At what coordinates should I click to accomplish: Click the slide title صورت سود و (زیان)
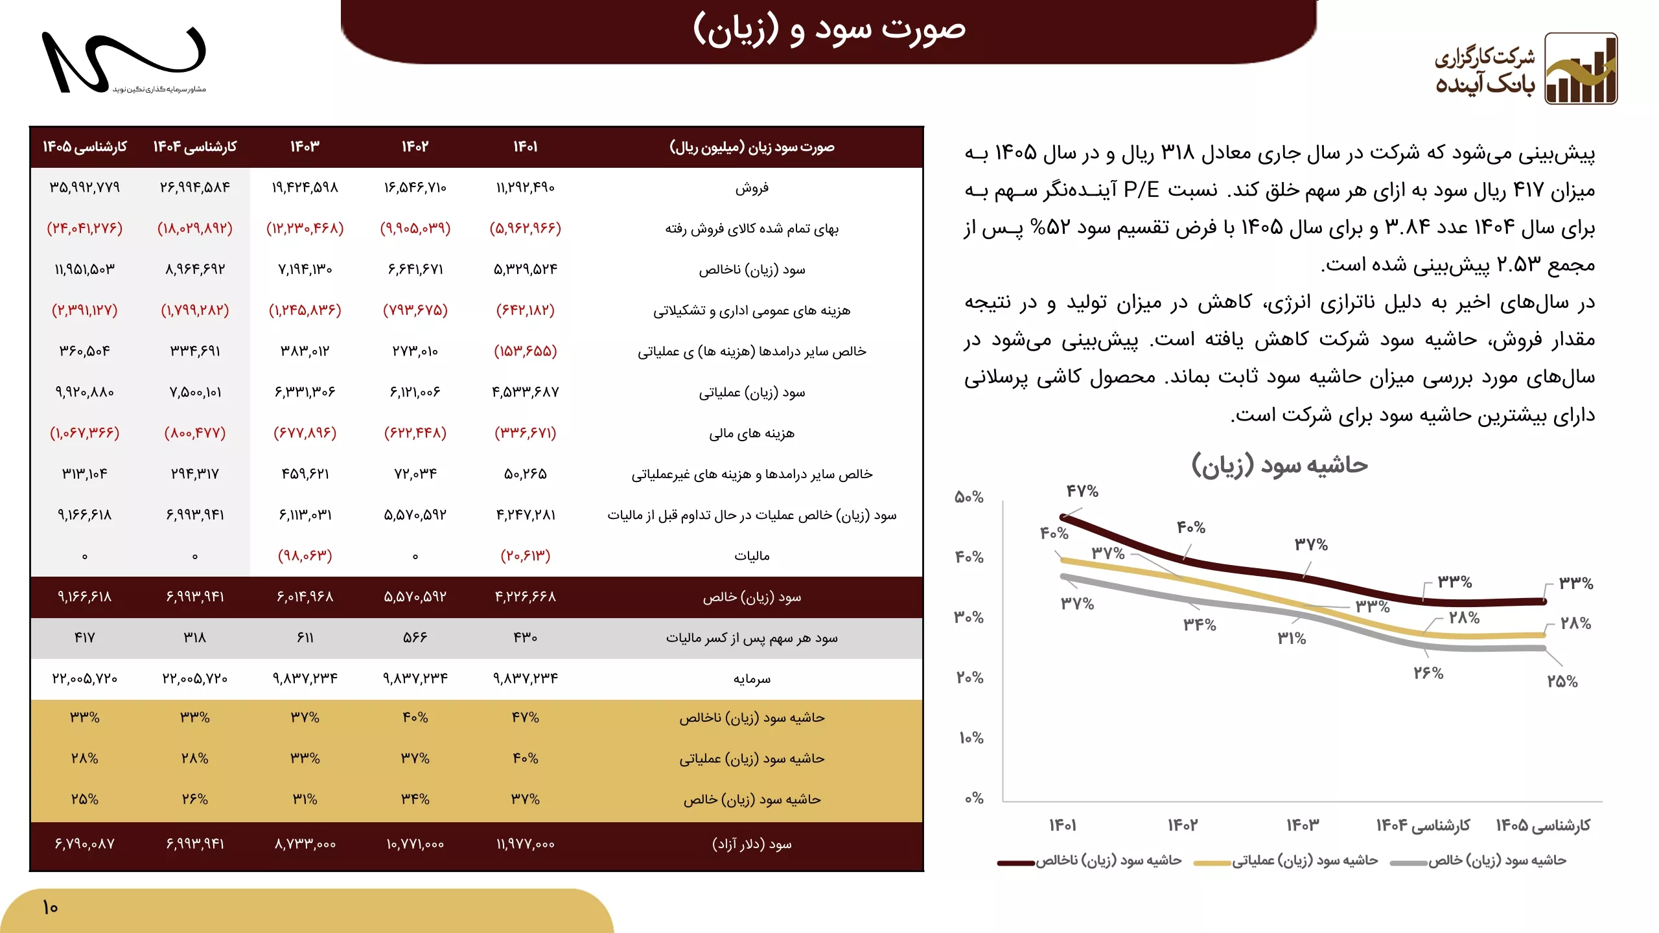point(829,30)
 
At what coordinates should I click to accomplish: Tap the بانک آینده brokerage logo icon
point(1581,69)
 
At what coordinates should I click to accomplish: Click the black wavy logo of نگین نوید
point(123,60)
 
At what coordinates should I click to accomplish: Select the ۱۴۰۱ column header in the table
point(525,147)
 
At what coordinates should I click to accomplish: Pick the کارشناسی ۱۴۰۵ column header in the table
point(85,147)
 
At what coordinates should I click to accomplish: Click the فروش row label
point(752,188)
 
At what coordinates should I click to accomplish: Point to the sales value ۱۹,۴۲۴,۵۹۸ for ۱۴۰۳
point(305,188)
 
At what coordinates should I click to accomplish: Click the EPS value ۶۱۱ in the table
point(305,638)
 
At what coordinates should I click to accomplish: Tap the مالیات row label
point(752,556)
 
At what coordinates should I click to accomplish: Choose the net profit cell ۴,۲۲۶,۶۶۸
point(525,597)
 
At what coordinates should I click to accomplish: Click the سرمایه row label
point(752,678)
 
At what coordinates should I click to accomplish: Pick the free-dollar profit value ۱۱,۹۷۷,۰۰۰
point(525,844)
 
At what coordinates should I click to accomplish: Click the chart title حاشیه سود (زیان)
point(1279,465)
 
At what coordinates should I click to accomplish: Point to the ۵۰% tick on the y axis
point(969,497)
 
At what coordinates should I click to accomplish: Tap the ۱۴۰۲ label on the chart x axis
point(1183,825)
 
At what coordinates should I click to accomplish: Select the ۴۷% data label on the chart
point(1082,491)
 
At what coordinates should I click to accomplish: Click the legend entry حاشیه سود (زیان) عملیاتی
point(1305,860)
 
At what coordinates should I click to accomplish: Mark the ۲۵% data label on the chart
point(1562,682)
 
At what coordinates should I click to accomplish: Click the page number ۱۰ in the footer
point(50,907)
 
